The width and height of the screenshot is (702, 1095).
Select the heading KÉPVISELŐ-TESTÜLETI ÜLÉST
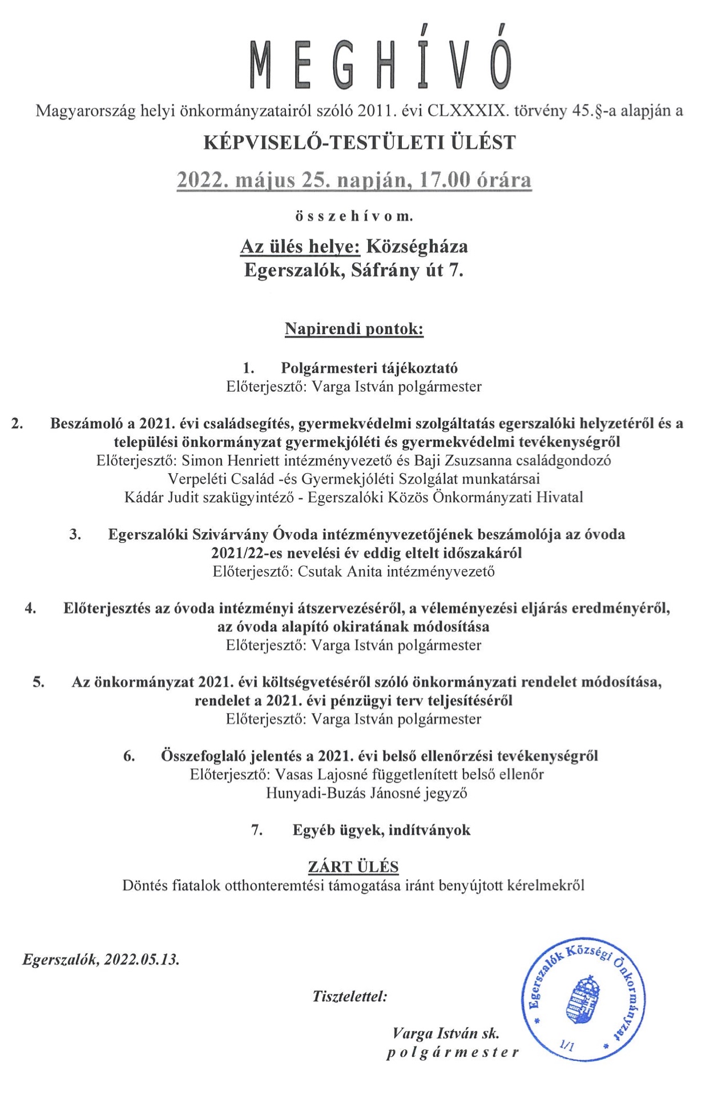(x=360, y=142)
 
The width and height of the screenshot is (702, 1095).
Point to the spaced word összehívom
(x=354, y=217)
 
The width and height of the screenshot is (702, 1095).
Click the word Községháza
(x=417, y=246)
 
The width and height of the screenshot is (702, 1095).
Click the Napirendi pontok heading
(x=354, y=329)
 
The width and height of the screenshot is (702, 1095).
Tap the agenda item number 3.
(x=75, y=534)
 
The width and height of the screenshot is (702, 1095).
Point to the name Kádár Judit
(x=161, y=497)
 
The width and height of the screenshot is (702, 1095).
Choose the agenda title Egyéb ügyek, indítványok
(x=381, y=830)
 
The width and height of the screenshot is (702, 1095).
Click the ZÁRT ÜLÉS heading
(x=353, y=867)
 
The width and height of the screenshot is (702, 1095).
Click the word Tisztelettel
(x=349, y=997)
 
